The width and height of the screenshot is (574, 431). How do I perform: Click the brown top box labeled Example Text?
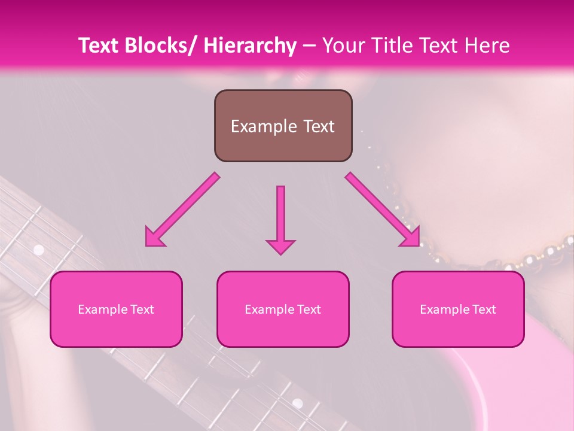pyautogui.click(x=283, y=126)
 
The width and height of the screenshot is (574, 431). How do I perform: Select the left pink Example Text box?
pyautogui.click(x=116, y=309)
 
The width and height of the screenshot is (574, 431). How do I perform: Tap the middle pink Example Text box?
pyautogui.click(x=283, y=309)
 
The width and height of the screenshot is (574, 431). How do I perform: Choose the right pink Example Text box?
pyautogui.click(x=458, y=309)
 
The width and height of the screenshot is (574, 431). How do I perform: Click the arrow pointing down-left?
pyautogui.click(x=183, y=210)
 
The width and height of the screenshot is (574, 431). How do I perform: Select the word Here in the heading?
pyautogui.click(x=489, y=45)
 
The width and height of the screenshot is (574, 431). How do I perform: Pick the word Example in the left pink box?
pyautogui.click(x=102, y=309)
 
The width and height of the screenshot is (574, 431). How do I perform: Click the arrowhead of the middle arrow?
pyautogui.click(x=280, y=247)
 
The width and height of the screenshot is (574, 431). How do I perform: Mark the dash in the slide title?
pyautogui.click(x=309, y=45)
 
